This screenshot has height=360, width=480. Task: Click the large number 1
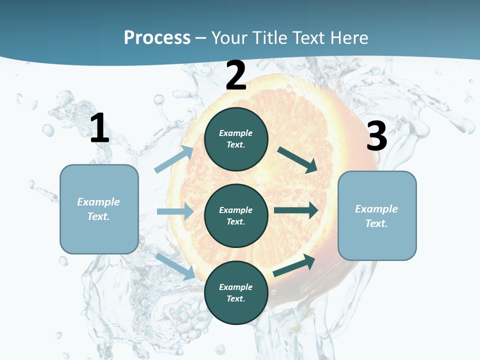point(99,128)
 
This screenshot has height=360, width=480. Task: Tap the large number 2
point(236,76)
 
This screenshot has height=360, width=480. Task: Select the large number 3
point(376,136)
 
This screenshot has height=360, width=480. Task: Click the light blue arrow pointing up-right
point(174,159)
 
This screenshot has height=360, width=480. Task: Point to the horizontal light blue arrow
point(175,211)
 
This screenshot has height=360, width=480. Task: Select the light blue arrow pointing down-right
point(175,266)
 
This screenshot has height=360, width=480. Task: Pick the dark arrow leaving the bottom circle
point(294,265)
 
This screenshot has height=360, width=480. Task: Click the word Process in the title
point(157,37)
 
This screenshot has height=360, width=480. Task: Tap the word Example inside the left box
point(98,202)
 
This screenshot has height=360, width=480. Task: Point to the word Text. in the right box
point(376,223)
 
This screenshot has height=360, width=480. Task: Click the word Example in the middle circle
point(236,210)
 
